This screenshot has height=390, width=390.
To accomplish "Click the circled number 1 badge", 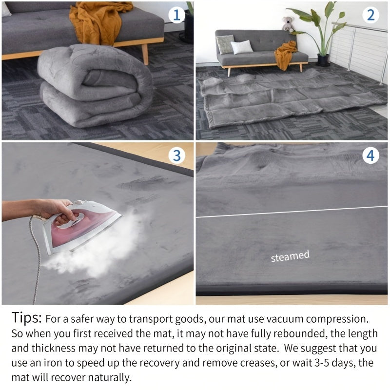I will [x=176, y=15].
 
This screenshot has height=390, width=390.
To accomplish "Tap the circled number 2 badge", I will [x=370, y=15].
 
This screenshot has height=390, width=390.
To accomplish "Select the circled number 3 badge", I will [x=176, y=156].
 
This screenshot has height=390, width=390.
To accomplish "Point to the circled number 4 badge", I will [x=370, y=156].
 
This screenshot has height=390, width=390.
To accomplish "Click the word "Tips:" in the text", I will [x=26, y=318].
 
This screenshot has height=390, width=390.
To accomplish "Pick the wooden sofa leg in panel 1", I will [x=145, y=54].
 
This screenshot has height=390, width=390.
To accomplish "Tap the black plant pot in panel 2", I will [x=323, y=59].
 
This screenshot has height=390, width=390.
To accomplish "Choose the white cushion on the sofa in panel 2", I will [x=242, y=47].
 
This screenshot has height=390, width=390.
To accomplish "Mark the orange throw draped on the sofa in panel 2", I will [x=285, y=54].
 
